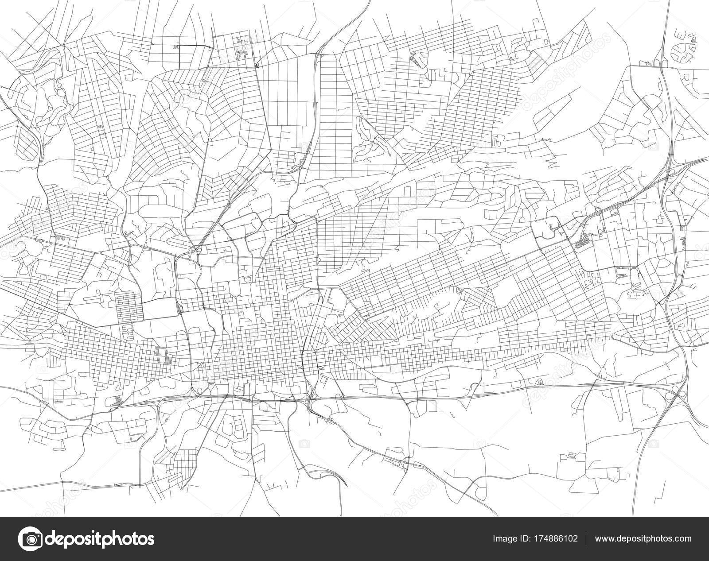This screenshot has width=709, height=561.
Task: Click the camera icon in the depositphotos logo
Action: click(32, 538)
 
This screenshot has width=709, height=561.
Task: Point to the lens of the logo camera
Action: click(32, 539)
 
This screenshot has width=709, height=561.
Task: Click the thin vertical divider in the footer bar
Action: click(586, 539)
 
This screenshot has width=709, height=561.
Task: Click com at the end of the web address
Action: click(682, 539)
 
